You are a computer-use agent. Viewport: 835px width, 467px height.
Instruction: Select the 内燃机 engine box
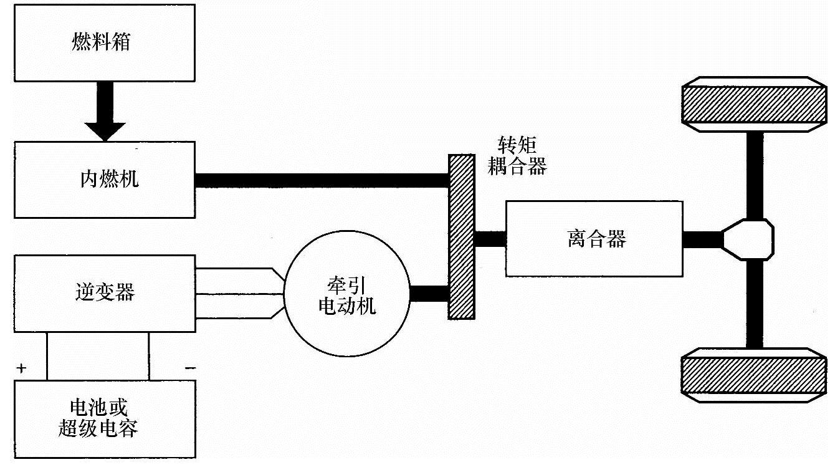[105, 180]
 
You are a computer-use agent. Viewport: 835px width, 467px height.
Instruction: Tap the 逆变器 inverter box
[105, 293]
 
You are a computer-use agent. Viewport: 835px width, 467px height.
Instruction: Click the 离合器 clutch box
[594, 238]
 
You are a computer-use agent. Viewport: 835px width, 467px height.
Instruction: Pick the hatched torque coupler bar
[462, 237]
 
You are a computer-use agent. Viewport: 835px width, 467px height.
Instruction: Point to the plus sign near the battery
[22, 368]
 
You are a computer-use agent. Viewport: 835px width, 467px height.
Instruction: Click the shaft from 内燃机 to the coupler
[322, 180]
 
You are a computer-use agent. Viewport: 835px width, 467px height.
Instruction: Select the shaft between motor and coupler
[429, 293]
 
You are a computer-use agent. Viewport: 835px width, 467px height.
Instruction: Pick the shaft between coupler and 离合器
[490, 239]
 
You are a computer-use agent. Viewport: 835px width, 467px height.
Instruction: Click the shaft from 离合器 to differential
[702, 239]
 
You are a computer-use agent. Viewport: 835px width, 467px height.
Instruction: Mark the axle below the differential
[754, 304]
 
